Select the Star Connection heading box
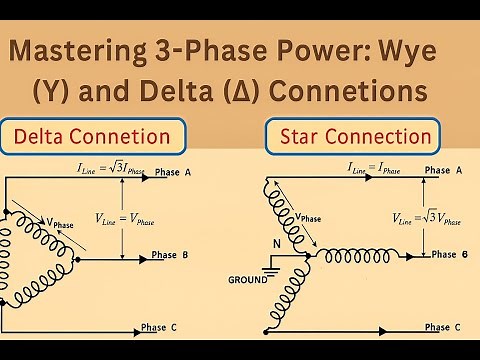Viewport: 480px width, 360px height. [x=351, y=137]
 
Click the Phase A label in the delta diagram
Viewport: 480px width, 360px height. [x=179, y=173]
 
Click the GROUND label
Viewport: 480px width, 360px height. [x=248, y=277]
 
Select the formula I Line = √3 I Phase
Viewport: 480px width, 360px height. [x=116, y=174]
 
